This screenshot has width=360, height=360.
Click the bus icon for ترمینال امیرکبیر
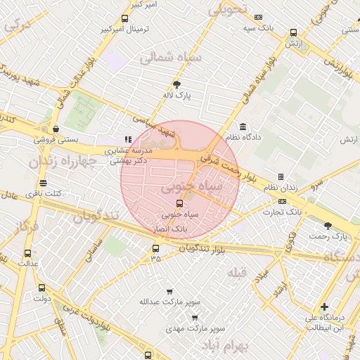pos(124,19)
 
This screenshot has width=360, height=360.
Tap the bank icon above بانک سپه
pos(258,17)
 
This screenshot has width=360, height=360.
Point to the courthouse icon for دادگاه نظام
pos(243,127)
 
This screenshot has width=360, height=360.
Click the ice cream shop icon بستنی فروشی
pos(55,129)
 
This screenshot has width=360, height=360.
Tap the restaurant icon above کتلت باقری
pos(44,183)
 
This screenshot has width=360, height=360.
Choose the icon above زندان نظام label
pos(281,176)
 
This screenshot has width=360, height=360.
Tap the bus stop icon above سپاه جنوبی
pos(179,203)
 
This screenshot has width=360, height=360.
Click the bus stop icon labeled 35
pos(155,247)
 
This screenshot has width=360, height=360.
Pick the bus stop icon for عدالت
pos(27,253)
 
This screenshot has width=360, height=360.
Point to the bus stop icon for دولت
pos(41,288)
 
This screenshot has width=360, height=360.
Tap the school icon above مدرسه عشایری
pos(127,140)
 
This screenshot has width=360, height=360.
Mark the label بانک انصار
pos(169,229)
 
